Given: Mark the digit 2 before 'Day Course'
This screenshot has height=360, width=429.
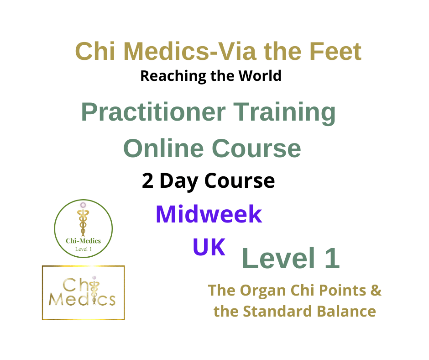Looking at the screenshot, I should click(147, 181).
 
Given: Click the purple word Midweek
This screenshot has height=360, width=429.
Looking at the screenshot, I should click(209, 214).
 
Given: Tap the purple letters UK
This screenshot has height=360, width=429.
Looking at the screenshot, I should click(209, 247).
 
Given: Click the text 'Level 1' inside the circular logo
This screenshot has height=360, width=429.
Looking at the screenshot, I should click(84, 249).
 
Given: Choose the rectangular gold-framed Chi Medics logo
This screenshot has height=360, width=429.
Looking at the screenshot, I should click(83, 292).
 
